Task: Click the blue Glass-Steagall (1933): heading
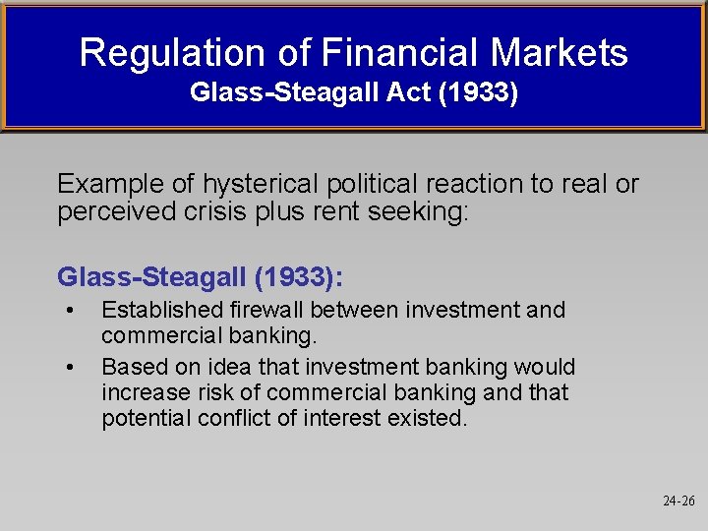[201, 277]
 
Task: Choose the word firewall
[269, 311]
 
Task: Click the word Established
[162, 311]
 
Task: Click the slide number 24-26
[678, 501]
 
